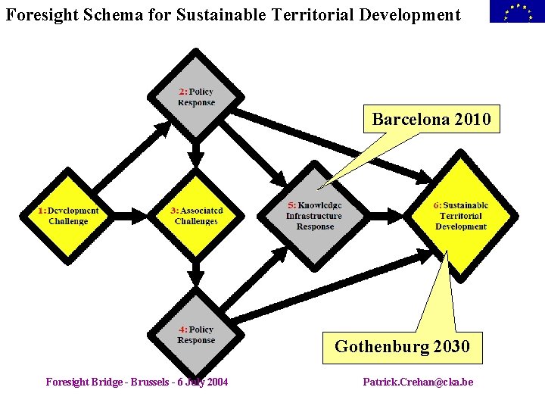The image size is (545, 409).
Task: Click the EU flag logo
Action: [x=516, y=11]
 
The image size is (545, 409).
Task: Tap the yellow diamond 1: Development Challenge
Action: [x=68, y=216]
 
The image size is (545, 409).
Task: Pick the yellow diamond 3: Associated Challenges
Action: [x=196, y=216]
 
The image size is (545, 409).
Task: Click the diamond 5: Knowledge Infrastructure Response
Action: [x=315, y=216]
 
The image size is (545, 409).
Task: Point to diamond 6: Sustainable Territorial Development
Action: [x=460, y=216]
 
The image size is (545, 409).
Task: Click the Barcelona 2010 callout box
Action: [x=431, y=119]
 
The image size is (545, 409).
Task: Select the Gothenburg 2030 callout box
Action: [x=402, y=347]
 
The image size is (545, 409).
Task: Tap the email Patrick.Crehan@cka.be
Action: [x=418, y=382]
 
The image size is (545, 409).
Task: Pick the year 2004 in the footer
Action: [x=216, y=382]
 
